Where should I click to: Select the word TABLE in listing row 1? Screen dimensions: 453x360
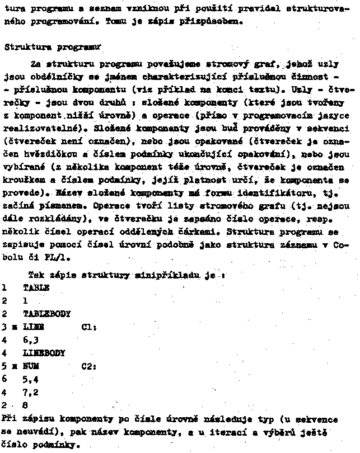(x=36, y=287)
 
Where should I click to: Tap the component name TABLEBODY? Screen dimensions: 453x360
(x=47, y=314)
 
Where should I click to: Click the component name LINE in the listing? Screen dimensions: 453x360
(x=34, y=327)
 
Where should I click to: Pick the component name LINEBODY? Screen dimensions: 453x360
(x=44, y=353)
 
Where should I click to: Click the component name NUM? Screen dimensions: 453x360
(x=31, y=366)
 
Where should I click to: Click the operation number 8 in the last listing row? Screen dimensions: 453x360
(x=25, y=405)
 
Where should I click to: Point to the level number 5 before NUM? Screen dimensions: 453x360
(x=4, y=366)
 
